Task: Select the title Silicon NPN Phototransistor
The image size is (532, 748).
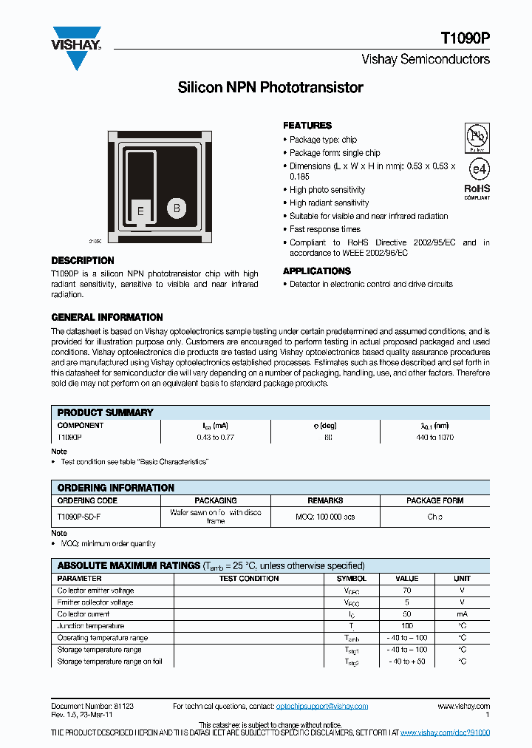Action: (x=270, y=88)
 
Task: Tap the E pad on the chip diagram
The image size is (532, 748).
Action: (x=140, y=211)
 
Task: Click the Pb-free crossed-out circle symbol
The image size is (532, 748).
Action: (x=477, y=137)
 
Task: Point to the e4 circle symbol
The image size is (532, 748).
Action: (x=478, y=169)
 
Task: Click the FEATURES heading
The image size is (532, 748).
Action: (x=307, y=126)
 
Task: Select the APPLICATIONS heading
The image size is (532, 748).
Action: (x=316, y=271)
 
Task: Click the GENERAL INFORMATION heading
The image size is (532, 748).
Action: (x=106, y=317)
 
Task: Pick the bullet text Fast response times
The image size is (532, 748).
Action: (x=325, y=229)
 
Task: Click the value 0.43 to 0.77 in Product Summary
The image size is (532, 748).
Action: (x=216, y=438)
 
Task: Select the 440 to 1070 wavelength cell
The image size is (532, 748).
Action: (x=434, y=438)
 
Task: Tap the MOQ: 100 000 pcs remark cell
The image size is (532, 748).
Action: (x=325, y=517)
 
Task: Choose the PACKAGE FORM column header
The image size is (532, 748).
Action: (x=434, y=500)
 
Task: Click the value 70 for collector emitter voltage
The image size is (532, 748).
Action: (x=406, y=591)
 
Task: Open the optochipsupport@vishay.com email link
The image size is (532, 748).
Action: (x=321, y=707)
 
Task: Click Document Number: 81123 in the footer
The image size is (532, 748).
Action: (x=92, y=707)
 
